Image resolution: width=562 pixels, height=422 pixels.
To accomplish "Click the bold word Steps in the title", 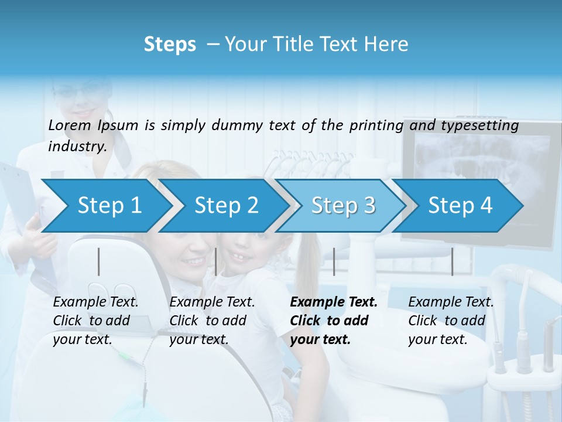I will [x=170, y=44].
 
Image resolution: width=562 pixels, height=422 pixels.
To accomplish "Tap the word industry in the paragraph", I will [x=77, y=146].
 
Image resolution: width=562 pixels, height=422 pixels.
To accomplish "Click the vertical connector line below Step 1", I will [x=99, y=261].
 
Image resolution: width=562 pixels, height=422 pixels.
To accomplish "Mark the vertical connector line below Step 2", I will [x=216, y=261].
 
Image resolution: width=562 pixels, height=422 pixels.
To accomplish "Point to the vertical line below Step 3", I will [x=334, y=261].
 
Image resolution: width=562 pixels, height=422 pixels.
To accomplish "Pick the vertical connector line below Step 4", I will [x=452, y=261].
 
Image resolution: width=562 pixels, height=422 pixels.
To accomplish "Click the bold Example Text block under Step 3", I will [x=333, y=321].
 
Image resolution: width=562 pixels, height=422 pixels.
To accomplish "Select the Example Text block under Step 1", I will [x=95, y=321].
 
